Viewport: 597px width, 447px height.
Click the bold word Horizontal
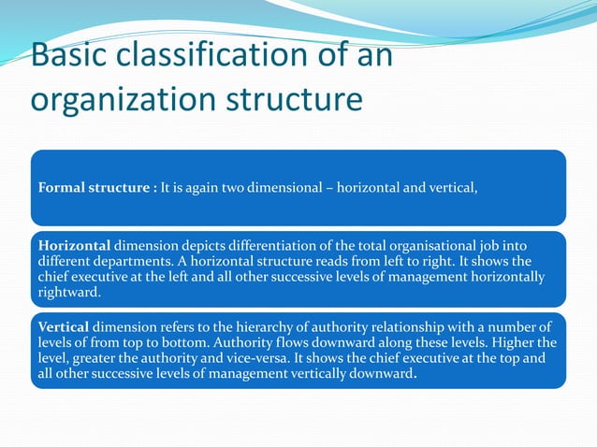(74, 246)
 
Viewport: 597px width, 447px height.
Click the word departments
(129, 261)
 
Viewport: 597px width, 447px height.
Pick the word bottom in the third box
(173, 341)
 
